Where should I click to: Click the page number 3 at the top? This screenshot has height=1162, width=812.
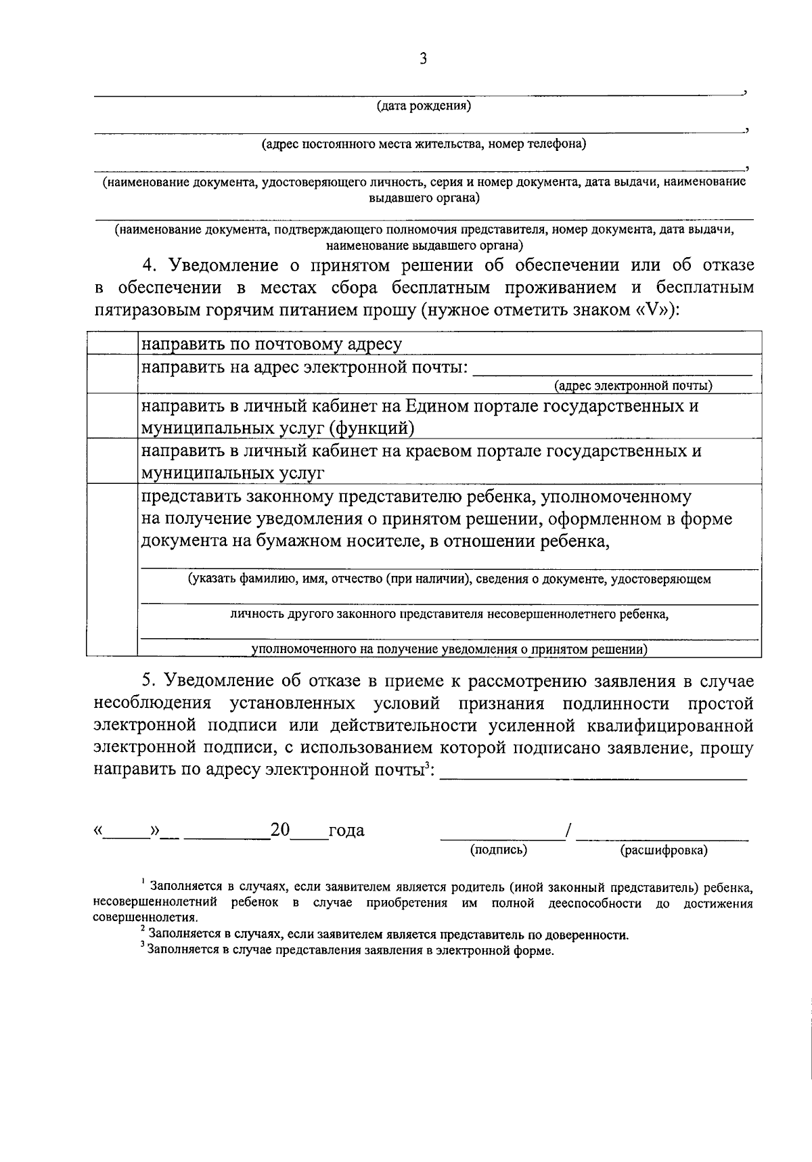423,59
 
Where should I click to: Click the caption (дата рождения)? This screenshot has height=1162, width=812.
424,106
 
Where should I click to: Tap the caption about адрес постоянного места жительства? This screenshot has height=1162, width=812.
424,144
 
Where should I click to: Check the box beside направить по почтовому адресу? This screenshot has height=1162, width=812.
112,343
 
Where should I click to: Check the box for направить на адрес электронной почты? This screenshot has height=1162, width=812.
112,374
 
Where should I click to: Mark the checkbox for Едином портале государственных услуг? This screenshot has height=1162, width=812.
112,416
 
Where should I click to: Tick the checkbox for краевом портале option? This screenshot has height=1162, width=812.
112,461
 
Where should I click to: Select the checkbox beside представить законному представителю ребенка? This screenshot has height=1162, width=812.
112,570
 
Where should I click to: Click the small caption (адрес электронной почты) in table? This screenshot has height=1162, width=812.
633,386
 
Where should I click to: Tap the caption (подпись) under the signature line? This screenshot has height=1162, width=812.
499,850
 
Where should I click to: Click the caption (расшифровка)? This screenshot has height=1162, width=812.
663,851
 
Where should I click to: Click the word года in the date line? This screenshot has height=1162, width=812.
346,830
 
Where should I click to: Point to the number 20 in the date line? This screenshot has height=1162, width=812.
279,829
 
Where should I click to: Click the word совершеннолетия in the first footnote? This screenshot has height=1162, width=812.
145,918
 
